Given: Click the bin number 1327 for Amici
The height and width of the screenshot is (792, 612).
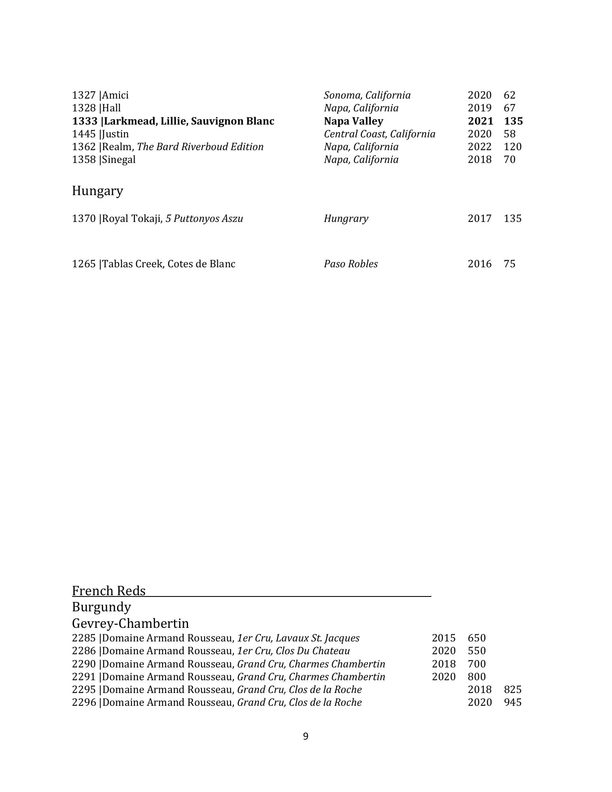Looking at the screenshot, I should [x=84, y=95].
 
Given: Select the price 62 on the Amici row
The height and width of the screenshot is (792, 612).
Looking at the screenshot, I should [x=509, y=95].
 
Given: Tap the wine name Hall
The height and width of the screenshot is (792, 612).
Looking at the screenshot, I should [x=111, y=108].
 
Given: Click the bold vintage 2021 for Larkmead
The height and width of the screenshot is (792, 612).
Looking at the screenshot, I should [x=480, y=121].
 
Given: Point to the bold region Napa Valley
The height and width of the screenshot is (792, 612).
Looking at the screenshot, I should [x=353, y=121].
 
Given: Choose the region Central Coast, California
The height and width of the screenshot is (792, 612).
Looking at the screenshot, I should [x=379, y=134].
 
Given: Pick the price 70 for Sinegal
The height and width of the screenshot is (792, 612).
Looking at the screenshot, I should [x=509, y=160].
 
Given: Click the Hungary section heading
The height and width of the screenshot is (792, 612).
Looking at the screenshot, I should [x=97, y=191].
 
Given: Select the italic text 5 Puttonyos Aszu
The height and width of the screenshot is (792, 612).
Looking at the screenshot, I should [x=204, y=219].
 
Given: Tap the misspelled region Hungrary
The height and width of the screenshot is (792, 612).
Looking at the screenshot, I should [x=346, y=219].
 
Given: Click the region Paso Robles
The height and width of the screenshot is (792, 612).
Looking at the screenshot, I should [x=351, y=264].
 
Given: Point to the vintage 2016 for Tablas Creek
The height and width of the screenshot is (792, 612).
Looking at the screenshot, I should [x=480, y=264].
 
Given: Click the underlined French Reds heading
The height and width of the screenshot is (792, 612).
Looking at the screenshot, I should [x=109, y=591].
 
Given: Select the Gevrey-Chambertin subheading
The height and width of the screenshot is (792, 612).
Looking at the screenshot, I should [x=130, y=623].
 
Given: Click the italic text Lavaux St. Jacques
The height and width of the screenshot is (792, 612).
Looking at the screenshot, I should [x=318, y=638].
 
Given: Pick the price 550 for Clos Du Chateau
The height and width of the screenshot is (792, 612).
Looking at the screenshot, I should [x=477, y=651].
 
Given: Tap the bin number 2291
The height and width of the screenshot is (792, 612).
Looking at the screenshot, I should [x=84, y=677].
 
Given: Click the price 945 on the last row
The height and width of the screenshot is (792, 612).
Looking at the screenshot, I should [x=513, y=702].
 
